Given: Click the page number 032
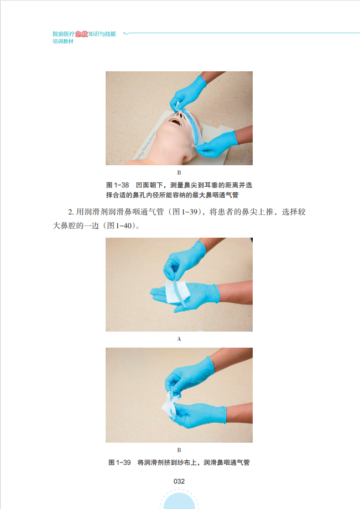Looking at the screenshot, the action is [179, 481].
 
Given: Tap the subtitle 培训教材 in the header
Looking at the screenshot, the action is [63, 41].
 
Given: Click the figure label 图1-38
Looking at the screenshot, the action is [118, 185].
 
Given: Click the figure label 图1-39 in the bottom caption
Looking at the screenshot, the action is [119, 462].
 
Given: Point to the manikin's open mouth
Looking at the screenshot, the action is [175, 123].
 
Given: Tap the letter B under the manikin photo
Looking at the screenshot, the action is [179, 172].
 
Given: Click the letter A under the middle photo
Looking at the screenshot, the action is [179, 339].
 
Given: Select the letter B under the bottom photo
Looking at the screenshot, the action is [179, 450].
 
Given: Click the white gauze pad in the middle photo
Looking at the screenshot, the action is [177, 291].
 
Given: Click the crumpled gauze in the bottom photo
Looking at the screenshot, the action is [170, 404].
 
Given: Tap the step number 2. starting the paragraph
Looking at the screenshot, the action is [71, 212].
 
